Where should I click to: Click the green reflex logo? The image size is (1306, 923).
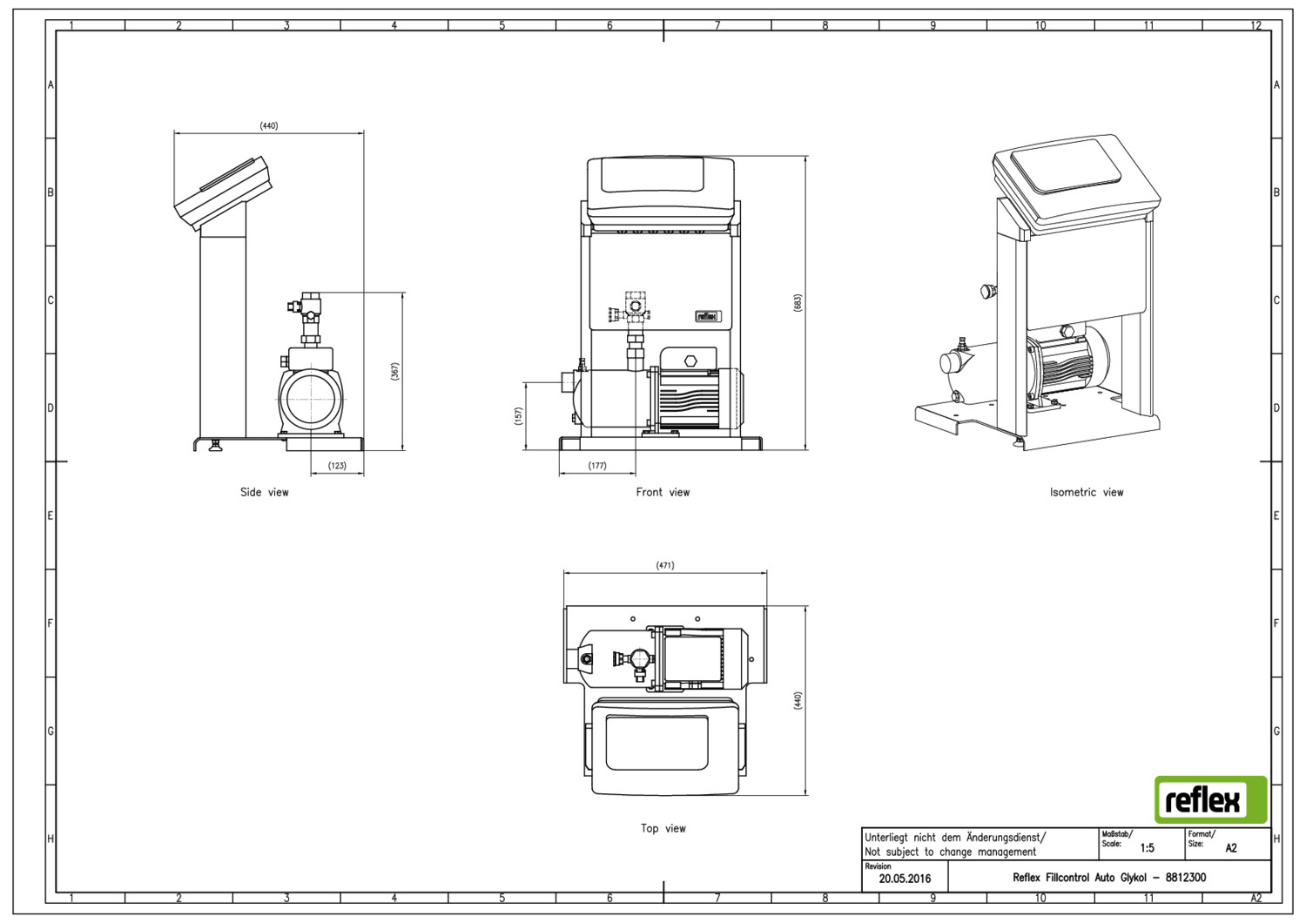pos(1210,799)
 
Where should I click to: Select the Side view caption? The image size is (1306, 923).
pos(264,492)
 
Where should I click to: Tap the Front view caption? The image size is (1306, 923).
pos(663,492)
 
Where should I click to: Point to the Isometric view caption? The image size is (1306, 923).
pos(1087,492)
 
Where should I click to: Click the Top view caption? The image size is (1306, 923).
pos(663,828)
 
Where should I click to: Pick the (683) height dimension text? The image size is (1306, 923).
pos(798,303)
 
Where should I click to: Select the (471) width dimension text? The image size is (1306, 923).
pos(664,565)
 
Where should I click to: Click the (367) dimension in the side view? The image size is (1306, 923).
pos(394,372)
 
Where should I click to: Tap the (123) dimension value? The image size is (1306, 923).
pos(337,466)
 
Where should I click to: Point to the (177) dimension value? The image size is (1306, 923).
pos(597,466)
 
